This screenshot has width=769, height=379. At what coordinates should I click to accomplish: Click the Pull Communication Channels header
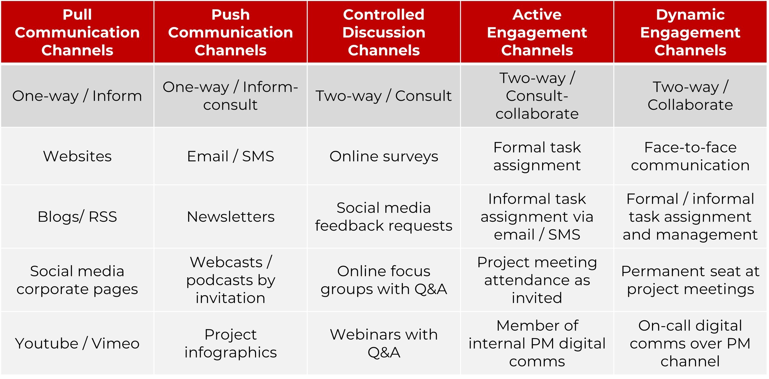[x=77, y=32]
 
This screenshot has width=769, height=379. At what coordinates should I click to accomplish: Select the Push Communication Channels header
[x=230, y=32]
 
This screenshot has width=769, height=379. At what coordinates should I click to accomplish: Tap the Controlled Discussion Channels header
[x=384, y=32]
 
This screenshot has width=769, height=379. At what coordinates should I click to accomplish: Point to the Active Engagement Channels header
[x=537, y=32]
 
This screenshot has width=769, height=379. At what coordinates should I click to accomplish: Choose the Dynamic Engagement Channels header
[x=690, y=32]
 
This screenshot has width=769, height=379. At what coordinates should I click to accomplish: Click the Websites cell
[x=77, y=156]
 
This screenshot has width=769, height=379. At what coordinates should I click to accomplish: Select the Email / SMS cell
[x=230, y=156]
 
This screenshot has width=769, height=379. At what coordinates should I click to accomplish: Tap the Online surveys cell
[x=384, y=156]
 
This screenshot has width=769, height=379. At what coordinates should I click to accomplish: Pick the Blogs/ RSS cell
[x=77, y=217]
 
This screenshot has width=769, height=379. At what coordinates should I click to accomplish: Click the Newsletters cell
[x=230, y=217]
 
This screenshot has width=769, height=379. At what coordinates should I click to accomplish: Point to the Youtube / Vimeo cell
[x=77, y=343]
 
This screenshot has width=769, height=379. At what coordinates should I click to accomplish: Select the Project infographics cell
[x=230, y=343]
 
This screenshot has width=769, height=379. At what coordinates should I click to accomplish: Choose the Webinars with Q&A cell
[x=384, y=343]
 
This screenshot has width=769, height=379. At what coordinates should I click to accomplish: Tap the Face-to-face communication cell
[x=690, y=156]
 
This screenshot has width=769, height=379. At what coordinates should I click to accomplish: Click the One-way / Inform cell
[x=77, y=96]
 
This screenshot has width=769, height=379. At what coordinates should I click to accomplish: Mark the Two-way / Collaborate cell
[x=690, y=96]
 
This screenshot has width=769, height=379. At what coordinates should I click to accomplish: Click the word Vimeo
[x=115, y=343]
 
